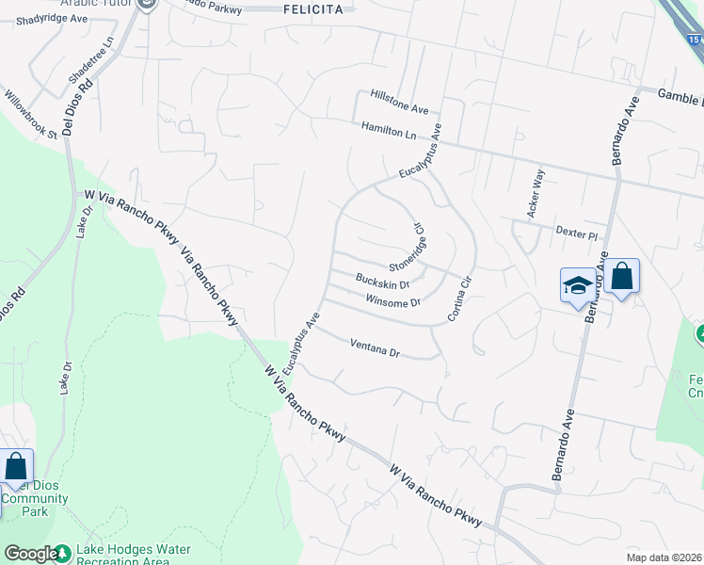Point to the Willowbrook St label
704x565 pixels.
(31, 114)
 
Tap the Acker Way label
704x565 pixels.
(536, 194)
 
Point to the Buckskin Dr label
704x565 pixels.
(382, 282)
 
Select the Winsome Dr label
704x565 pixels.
(392, 302)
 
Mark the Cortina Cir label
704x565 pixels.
(458, 299)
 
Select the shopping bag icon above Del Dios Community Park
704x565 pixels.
(16, 467)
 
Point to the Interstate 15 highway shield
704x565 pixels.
(694, 40)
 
